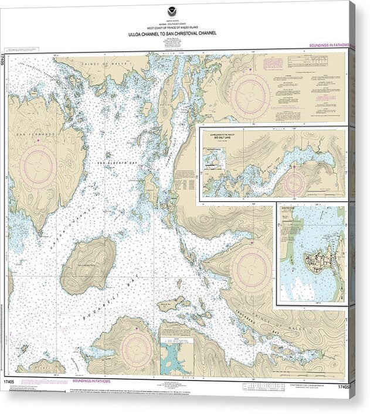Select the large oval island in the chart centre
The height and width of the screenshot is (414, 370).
coord(88,264)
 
